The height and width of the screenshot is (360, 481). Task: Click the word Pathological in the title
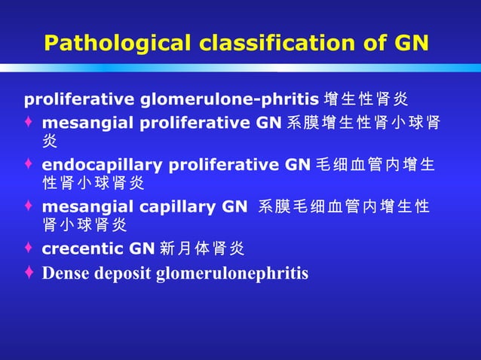click(117, 43)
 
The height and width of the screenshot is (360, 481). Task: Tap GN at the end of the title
click(412, 43)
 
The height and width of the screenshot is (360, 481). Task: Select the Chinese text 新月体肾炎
click(202, 249)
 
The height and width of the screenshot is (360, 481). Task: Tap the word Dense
click(66, 273)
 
